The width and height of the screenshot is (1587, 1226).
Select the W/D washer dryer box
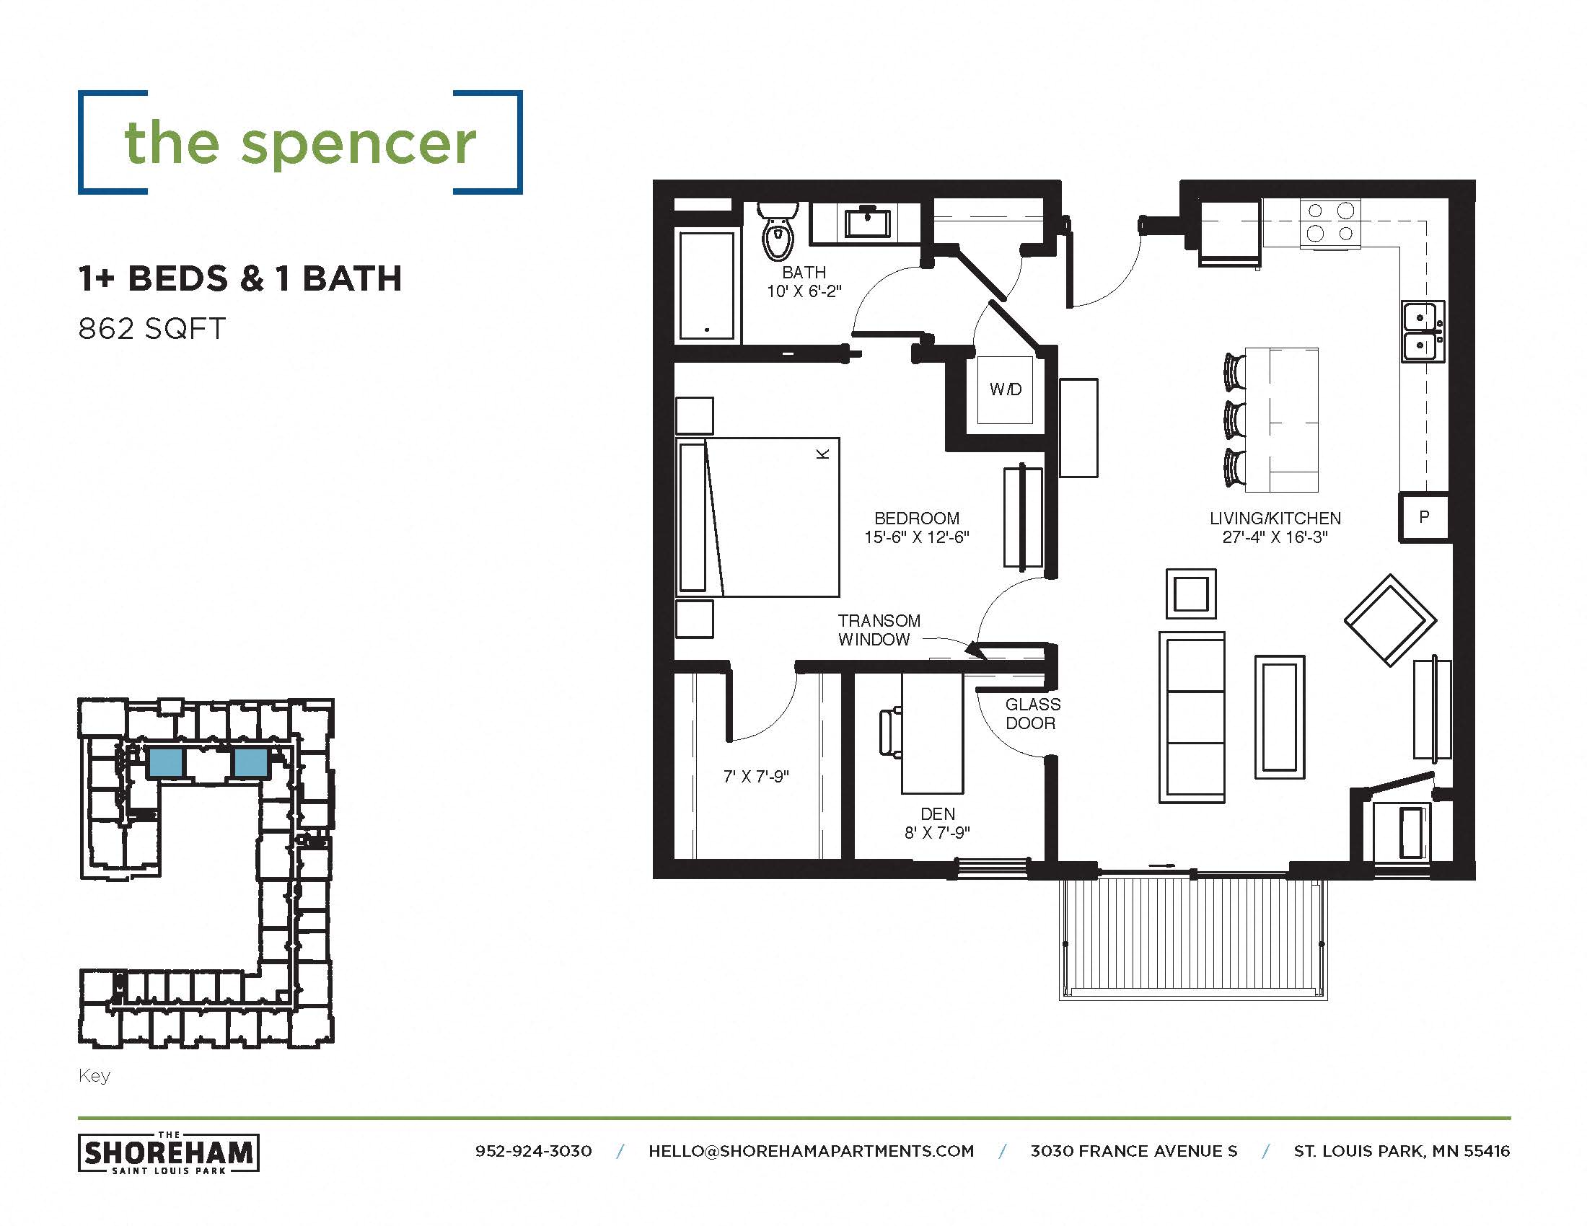click(1005, 390)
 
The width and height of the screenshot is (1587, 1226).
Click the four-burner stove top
click(1329, 222)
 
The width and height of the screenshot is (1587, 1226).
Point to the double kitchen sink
click(1422, 331)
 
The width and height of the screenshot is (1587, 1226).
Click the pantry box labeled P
click(1423, 517)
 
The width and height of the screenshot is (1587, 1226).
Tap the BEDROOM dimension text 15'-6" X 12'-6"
click(916, 537)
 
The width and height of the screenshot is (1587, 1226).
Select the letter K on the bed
click(822, 454)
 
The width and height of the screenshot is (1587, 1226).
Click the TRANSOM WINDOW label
click(879, 630)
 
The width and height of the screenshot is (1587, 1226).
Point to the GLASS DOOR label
click(1032, 713)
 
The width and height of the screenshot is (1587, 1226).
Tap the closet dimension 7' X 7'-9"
click(756, 777)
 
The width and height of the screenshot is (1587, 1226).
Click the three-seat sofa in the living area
click(1191, 717)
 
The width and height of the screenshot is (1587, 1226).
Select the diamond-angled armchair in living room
click(1389, 620)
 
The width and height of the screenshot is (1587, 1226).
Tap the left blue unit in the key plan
click(166, 762)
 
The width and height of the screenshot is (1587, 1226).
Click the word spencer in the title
click(359, 144)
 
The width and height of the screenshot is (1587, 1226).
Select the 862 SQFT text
click(152, 329)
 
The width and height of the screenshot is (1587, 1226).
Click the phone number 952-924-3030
click(533, 1151)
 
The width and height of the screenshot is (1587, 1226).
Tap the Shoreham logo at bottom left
click(169, 1152)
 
